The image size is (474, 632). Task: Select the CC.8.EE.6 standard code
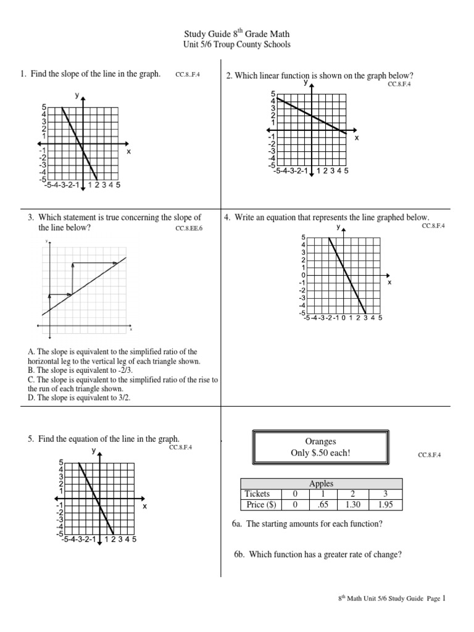(189, 228)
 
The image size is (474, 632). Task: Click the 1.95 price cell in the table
(385, 504)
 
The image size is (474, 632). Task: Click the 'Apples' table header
(322, 484)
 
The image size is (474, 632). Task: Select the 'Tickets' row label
(257, 494)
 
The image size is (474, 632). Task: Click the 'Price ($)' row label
(262, 504)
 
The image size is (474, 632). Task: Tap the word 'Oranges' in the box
(320, 442)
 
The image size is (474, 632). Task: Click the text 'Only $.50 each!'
(320, 454)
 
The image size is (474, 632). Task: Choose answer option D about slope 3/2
(79, 398)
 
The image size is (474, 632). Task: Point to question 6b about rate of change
(317, 554)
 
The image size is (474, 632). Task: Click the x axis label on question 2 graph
(356, 138)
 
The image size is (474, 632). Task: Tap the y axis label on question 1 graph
(77, 95)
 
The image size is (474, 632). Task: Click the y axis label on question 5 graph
(94, 451)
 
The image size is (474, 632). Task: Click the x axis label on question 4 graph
(389, 282)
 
